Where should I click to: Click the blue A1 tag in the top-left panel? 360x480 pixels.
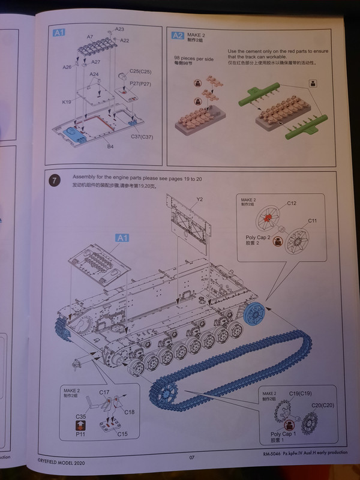click(x=59, y=33)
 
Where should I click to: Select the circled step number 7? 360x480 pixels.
click(x=55, y=180)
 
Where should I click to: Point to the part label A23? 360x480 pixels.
click(x=119, y=29)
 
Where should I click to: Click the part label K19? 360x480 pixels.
click(x=67, y=102)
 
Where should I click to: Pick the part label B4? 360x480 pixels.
click(x=110, y=146)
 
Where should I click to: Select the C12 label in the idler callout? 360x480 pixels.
click(x=292, y=203)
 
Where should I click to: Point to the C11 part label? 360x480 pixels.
click(x=313, y=221)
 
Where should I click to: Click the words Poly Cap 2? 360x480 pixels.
click(x=258, y=238)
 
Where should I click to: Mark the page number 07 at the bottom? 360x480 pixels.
click(x=192, y=458)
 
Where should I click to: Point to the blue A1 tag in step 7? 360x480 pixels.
click(x=122, y=238)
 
